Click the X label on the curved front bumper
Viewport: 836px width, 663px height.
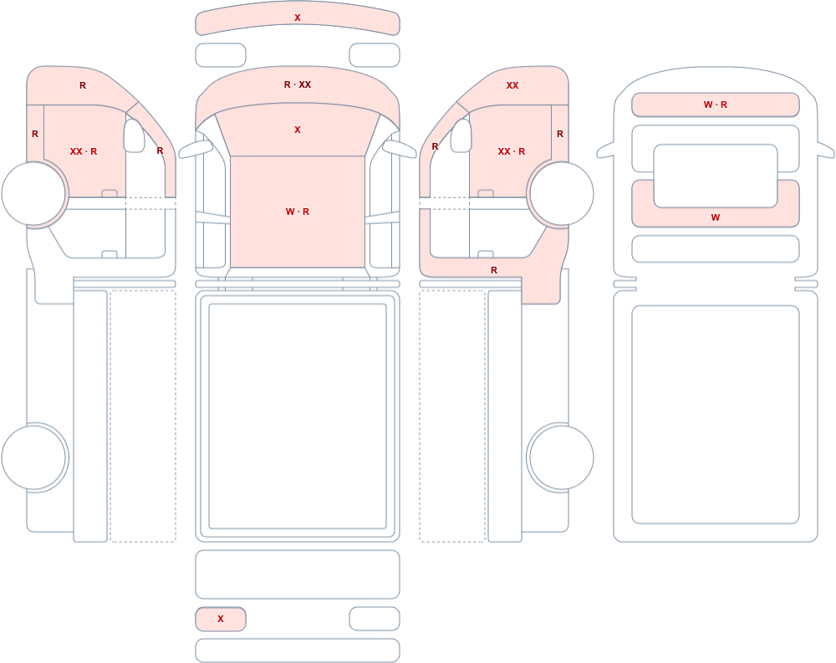(x=298, y=18)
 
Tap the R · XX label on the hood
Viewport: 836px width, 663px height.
(x=298, y=84)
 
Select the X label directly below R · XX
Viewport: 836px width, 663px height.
(x=298, y=130)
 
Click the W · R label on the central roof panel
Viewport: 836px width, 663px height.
(x=298, y=212)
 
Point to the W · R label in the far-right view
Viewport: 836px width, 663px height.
(x=716, y=105)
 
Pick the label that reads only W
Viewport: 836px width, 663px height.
(x=716, y=217)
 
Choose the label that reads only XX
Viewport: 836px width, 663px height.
(x=512, y=85)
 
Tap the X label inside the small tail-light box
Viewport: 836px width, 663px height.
(x=221, y=619)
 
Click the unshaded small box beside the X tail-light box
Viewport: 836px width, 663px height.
(x=375, y=619)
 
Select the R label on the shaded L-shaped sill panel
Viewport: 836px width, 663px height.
(x=494, y=270)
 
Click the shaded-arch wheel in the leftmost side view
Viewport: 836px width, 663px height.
(x=34, y=194)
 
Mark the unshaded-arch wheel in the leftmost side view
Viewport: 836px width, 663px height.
(x=34, y=457)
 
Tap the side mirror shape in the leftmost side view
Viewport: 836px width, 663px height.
(x=134, y=135)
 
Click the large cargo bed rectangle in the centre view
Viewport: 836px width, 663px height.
(x=298, y=416)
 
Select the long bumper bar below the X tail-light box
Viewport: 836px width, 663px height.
(x=298, y=650)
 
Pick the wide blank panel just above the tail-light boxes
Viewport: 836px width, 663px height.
(x=298, y=574)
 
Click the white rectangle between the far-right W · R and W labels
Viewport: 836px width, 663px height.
(x=716, y=176)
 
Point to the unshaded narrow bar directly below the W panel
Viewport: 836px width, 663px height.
(x=716, y=249)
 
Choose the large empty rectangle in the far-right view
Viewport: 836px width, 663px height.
(x=716, y=415)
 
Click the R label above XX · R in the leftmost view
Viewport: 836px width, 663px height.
(x=83, y=85)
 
